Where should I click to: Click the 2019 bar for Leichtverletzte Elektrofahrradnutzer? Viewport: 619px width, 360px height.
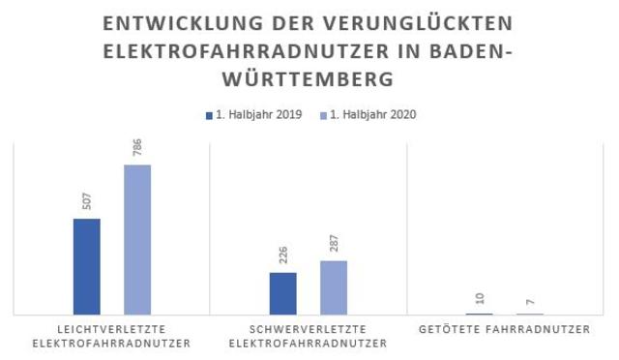pyautogui.click(x=87, y=266)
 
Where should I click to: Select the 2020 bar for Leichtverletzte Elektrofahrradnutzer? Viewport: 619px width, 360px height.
pyautogui.click(x=137, y=239)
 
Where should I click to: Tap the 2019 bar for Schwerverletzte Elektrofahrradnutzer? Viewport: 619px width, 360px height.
pyautogui.click(x=283, y=293)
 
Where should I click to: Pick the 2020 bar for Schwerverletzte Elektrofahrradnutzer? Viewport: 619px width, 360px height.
pyautogui.click(x=334, y=287)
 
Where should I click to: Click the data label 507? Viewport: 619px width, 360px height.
pyautogui.click(x=87, y=203)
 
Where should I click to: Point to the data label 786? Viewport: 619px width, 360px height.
pyautogui.click(x=137, y=150)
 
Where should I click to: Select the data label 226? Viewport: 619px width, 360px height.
pyautogui.click(x=283, y=256)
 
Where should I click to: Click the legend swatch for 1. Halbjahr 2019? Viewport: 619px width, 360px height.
pyautogui.click(x=209, y=114)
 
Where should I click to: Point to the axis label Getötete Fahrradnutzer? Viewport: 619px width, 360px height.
pyautogui.click(x=504, y=330)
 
